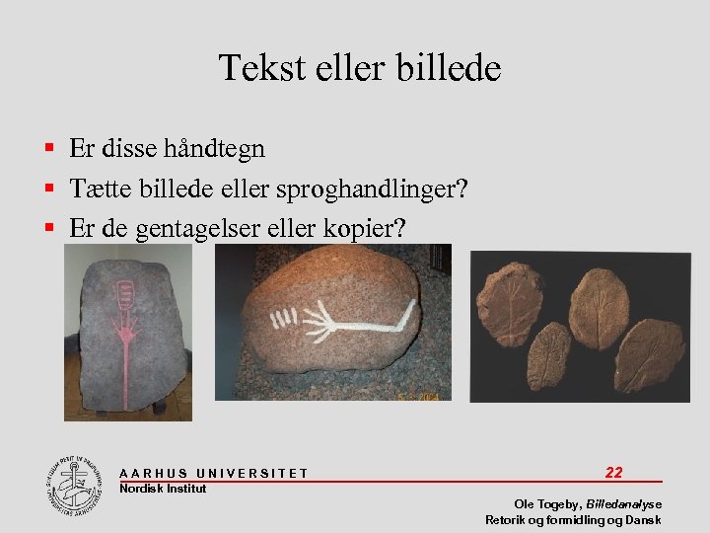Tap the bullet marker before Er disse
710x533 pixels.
pyautogui.click(x=48, y=149)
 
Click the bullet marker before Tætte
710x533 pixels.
pyautogui.click(x=48, y=189)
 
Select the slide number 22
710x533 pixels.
pyautogui.click(x=613, y=473)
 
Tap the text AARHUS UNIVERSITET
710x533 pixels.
pyautogui.click(x=213, y=474)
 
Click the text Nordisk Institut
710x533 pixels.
pyautogui.click(x=163, y=489)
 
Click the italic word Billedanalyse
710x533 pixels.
pyautogui.click(x=623, y=504)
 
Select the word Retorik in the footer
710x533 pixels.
pyautogui.click(x=506, y=520)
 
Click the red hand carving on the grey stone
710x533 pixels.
pyautogui.click(x=126, y=321)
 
